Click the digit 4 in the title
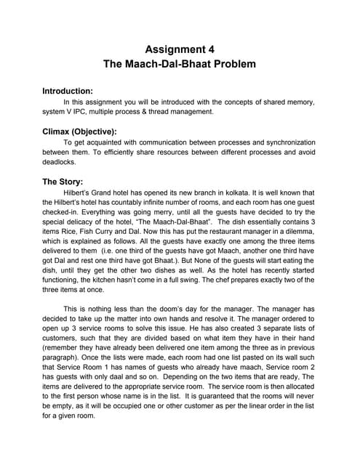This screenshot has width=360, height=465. point(211,49)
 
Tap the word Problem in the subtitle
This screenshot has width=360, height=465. point(231,65)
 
